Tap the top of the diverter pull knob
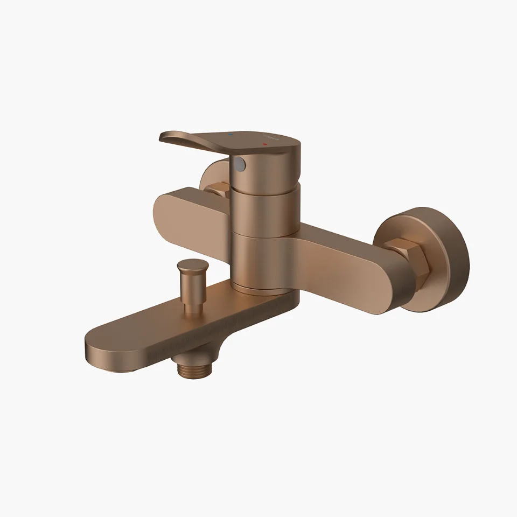pyautogui.click(x=191, y=264)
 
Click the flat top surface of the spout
pyautogui.click(x=162, y=323)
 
